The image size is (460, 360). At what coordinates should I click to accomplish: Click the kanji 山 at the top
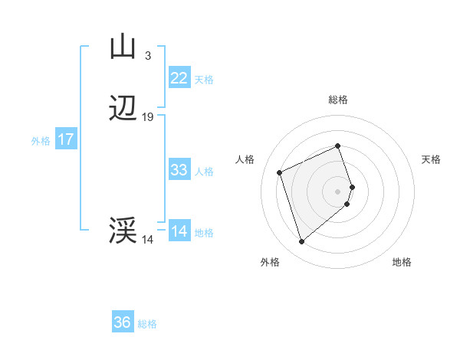click(123, 47)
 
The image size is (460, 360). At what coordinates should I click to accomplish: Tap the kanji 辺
click(123, 110)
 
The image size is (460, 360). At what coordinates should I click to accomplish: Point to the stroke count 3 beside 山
click(148, 55)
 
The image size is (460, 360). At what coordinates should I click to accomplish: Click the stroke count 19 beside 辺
click(148, 117)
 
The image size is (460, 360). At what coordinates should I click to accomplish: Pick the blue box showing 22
click(179, 77)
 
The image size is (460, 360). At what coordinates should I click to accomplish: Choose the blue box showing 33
click(179, 170)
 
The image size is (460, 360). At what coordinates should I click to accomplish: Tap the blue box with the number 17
click(66, 139)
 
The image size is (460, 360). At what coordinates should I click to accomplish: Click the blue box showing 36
click(123, 322)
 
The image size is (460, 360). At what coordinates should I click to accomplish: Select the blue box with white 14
click(179, 231)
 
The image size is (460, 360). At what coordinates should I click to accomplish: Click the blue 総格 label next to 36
click(147, 324)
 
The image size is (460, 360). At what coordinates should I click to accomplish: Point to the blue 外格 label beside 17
click(41, 141)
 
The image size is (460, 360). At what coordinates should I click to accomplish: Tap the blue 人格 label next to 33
click(205, 172)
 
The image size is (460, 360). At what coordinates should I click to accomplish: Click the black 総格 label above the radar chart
click(338, 100)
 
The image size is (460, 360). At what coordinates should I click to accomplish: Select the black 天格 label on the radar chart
click(431, 159)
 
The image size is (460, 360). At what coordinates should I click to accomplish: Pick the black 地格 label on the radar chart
click(402, 263)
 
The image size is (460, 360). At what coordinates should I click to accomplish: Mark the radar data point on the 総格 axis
click(338, 146)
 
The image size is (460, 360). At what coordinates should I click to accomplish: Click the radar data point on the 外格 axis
click(302, 242)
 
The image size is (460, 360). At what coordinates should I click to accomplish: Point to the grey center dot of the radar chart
click(338, 191)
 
